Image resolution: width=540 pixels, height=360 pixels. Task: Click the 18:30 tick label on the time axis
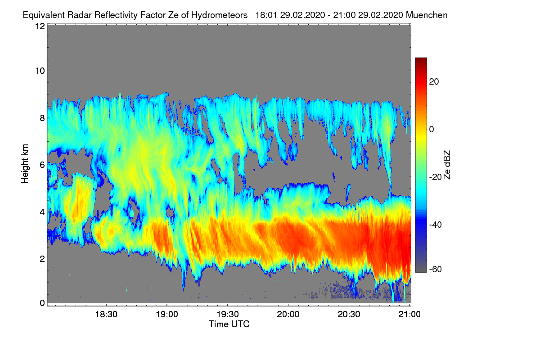click(x=106, y=314)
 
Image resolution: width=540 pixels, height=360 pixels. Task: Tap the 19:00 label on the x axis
click(x=167, y=314)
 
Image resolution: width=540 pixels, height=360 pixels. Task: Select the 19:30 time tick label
click(x=228, y=314)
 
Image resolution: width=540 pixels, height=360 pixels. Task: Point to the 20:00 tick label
click(x=288, y=314)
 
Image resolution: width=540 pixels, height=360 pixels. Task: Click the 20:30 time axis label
click(x=349, y=314)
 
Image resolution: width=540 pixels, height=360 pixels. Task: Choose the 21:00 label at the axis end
click(x=409, y=314)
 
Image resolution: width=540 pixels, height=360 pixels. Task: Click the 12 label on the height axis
click(x=40, y=26)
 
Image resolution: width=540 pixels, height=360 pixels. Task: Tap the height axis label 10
click(x=40, y=71)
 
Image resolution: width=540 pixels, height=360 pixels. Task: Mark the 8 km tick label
click(x=42, y=118)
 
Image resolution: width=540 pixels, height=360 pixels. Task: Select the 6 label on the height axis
click(x=42, y=165)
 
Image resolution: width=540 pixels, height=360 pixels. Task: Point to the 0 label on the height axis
click(x=42, y=303)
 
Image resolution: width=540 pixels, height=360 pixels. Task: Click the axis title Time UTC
click(x=229, y=324)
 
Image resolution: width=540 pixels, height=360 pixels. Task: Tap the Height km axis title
click(x=25, y=164)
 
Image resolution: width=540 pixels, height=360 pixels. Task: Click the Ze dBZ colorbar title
click(x=447, y=165)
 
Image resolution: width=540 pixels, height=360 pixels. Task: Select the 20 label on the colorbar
click(x=434, y=82)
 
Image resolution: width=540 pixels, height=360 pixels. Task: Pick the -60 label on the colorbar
click(x=436, y=269)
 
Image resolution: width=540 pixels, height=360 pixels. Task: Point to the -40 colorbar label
click(x=436, y=225)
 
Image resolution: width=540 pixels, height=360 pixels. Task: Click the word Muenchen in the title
click(x=427, y=15)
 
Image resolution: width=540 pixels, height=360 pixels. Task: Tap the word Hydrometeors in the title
click(x=219, y=15)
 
